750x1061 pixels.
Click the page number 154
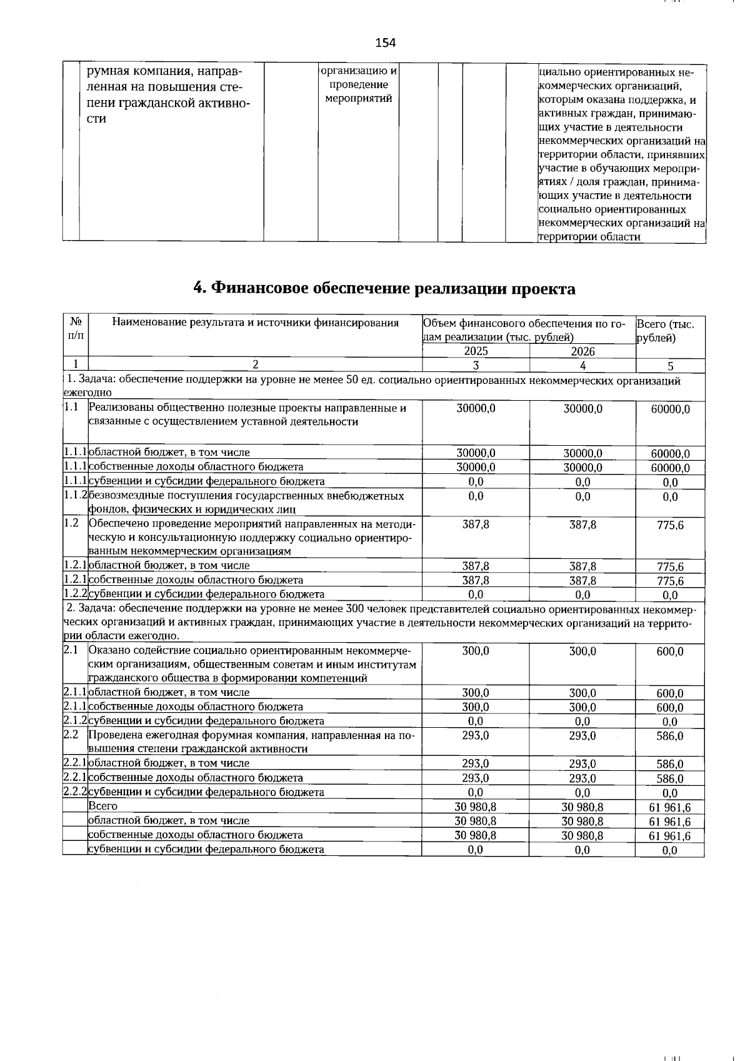(385, 43)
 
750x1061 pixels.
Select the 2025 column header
(476, 351)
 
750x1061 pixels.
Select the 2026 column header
(582, 351)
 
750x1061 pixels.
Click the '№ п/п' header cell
(76, 329)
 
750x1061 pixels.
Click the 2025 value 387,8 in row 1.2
(476, 525)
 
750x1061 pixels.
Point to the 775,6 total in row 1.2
(670, 526)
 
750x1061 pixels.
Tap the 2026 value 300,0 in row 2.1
(582, 651)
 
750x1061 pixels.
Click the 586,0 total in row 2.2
(670, 737)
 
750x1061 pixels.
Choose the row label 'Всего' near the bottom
(103, 806)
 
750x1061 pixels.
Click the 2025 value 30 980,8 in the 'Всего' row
(476, 807)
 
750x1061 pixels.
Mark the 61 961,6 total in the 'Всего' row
(670, 807)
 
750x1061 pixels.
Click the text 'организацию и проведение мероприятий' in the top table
(359, 84)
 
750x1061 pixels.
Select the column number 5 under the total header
(670, 366)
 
